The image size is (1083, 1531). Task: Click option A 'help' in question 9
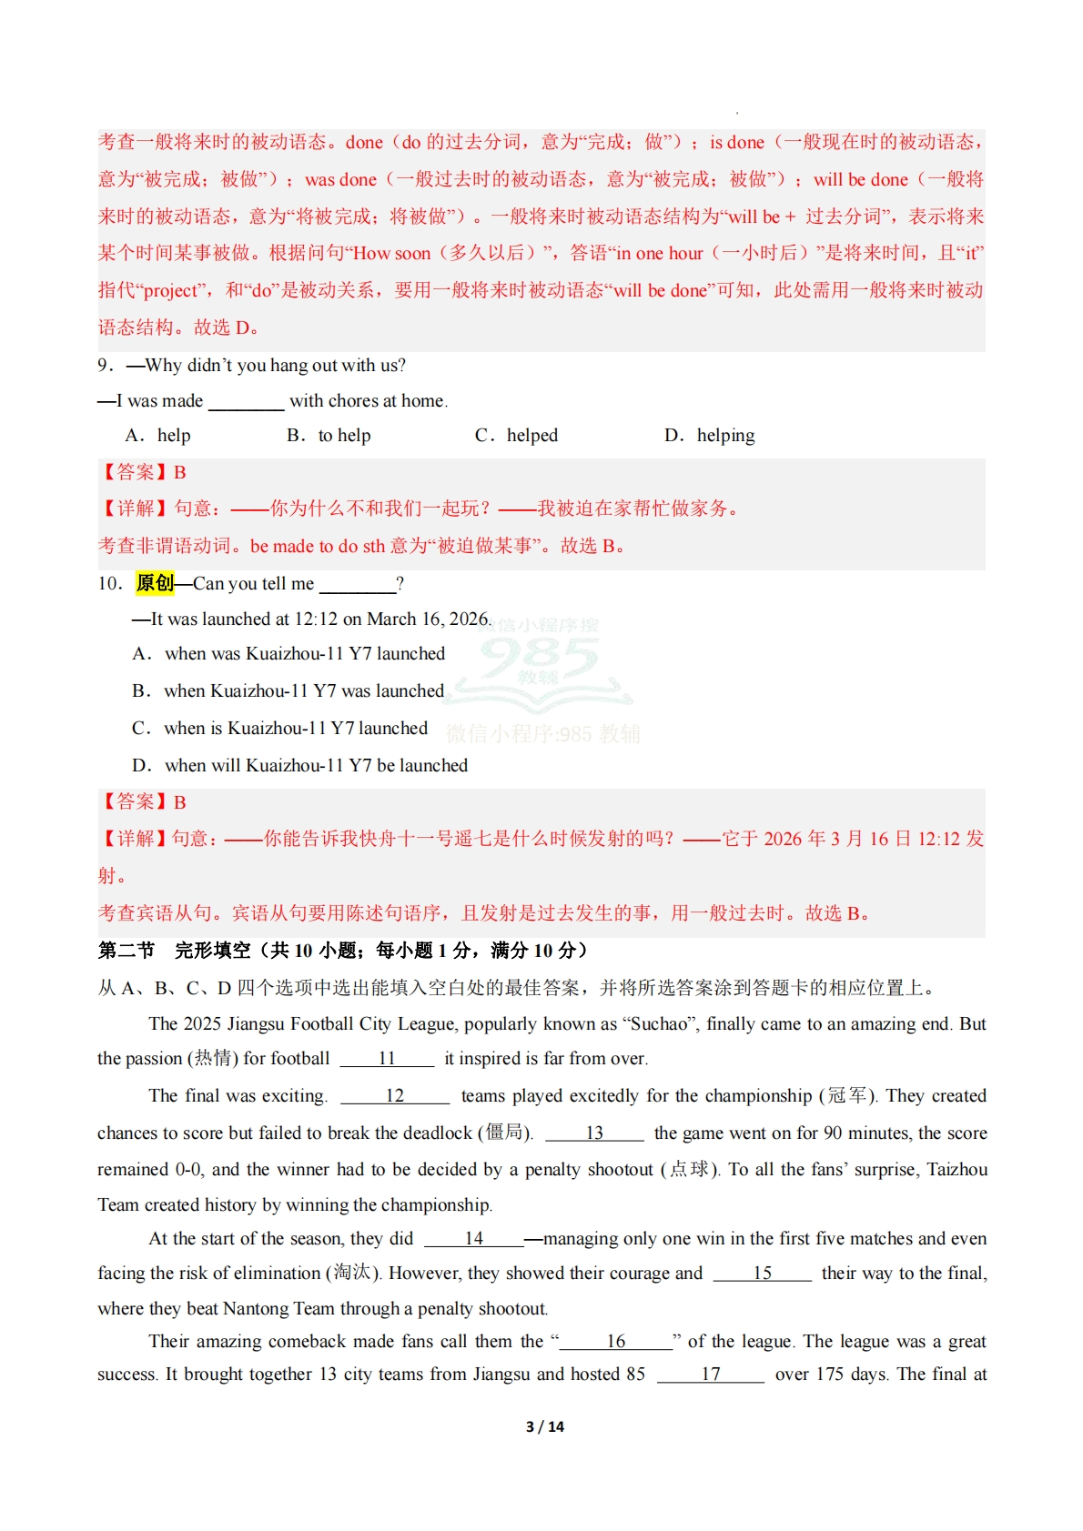[158, 436]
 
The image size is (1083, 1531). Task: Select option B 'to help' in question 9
[329, 436]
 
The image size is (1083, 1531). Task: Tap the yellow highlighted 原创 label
[155, 583]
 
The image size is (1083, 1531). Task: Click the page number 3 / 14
[544, 1426]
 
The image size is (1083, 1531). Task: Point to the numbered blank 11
[387, 1058]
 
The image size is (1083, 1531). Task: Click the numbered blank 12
[395, 1095]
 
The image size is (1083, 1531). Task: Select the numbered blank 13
[594, 1133]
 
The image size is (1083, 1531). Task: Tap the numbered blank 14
[473, 1238]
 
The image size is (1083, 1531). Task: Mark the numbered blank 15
[763, 1273]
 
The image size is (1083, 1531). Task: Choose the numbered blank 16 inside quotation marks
[616, 1341]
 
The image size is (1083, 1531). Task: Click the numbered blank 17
[711, 1374]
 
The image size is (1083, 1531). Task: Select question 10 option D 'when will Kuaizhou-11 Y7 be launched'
[300, 766]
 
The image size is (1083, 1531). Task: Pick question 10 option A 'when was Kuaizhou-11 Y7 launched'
[289, 654]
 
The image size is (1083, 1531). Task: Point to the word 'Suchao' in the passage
[659, 1023]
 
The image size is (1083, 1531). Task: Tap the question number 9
[104, 366]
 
